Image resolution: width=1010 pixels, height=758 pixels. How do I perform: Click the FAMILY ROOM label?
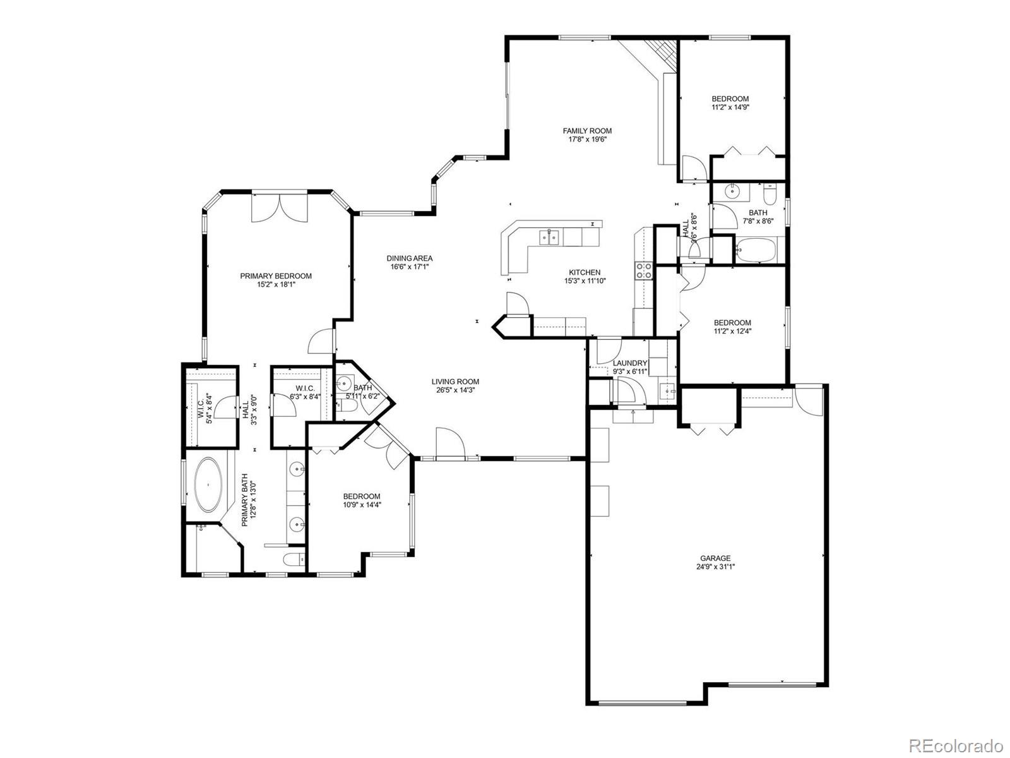tap(587, 131)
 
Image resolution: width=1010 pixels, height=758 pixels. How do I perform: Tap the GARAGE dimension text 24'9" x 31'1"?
tap(715, 567)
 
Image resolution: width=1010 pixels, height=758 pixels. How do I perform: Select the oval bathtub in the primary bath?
tap(208, 485)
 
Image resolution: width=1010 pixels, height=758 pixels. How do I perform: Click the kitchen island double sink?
tap(549, 238)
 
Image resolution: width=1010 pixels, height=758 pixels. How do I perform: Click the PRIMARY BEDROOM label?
tap(276, 275)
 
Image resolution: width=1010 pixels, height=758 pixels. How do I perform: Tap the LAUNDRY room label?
tap(629, 363)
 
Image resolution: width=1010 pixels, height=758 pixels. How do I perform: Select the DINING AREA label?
tap(410, 258)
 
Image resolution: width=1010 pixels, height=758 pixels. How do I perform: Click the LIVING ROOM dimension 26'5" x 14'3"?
tap(454, 390)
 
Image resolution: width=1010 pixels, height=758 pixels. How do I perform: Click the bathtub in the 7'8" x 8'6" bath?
tap(757, 250)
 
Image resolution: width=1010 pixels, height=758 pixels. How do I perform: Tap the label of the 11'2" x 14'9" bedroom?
tap(730, 99)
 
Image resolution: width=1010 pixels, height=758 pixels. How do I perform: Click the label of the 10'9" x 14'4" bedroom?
tap(362, 496)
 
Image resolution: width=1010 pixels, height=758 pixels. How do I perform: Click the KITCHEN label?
tap(585, 272)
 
